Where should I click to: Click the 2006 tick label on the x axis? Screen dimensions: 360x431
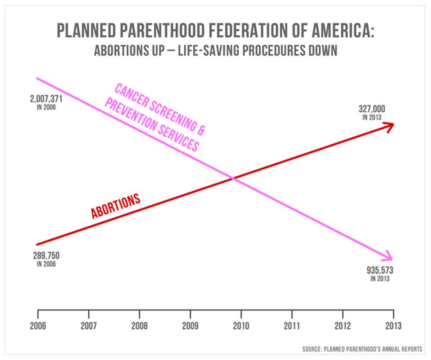pyautogui.click(x=38, y=326)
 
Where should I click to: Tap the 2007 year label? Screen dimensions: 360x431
pyautogui.click(x=89, y=326)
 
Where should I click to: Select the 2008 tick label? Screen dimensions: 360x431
pyautogui.click(x=139, y=326)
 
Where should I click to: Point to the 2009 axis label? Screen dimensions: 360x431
pyautogui.click(x=190, y=326)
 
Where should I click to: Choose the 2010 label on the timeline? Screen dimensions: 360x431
pyautogui.click(x=241, y=326)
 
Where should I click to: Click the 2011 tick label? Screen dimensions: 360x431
pyautogui.click(x=292, y=326)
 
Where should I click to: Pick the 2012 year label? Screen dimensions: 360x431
pyautogui.click(x=343, y=326)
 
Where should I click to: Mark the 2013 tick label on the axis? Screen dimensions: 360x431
pyautogui.click(x=393, y=326)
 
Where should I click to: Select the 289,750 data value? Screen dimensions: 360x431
pyautogui.click(x=46, y=255)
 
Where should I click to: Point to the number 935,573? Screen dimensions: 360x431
pyautogui.click(x=380, y=270)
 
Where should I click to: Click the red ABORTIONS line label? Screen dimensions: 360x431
pyautogui.click(x=116, y=206)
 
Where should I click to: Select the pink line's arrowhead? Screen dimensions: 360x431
pyautogui.click(x=388, y=256)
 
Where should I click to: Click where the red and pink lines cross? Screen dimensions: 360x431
pyautogui.click(x=233, y=178)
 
